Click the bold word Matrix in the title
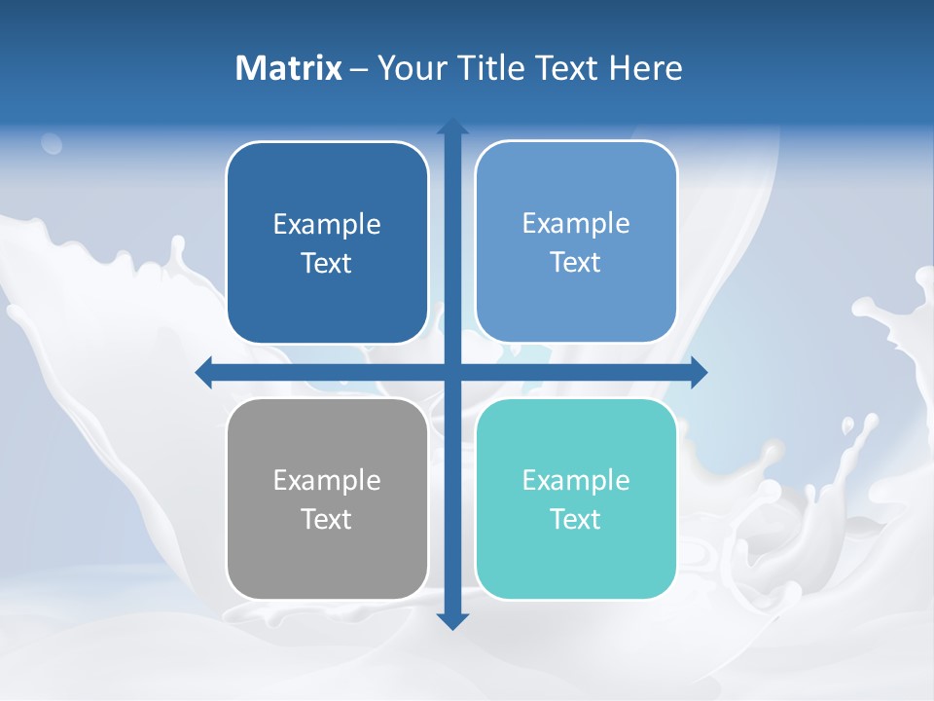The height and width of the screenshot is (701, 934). click(289, 68)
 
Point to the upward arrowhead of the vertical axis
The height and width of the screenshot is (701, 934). click(452, 128)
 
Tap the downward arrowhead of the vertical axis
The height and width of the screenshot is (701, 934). click(452, 620)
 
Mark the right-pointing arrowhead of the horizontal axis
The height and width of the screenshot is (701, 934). click(698, 372)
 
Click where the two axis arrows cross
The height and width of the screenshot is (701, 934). click(452, 372)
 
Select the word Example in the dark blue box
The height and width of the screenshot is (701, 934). click(327, 225)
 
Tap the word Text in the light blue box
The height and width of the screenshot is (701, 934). click(576, 263)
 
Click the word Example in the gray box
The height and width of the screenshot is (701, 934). click(327, 481)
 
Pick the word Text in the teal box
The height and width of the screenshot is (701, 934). click(576, 520)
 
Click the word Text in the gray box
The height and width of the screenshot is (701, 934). click(327, 520)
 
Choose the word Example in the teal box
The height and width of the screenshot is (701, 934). click(576, 481)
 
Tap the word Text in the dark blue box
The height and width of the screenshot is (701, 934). click(327, 264)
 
